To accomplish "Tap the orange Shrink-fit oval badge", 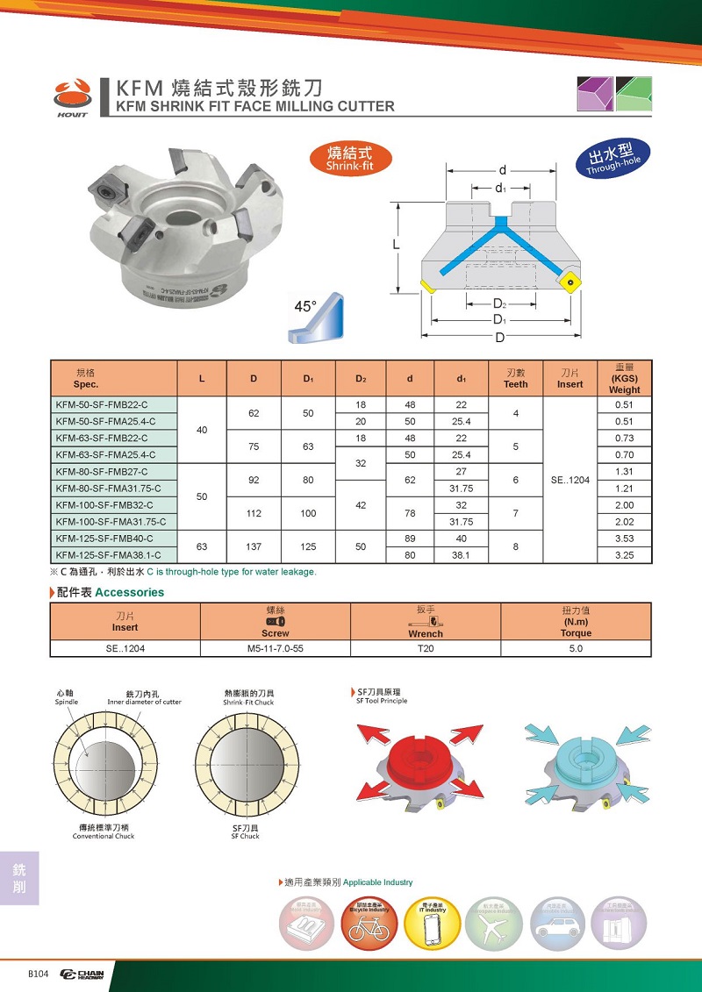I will [349, 159].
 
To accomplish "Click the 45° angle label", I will [304, 306].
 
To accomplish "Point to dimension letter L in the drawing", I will [397, 246].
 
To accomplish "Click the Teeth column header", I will [516, 378].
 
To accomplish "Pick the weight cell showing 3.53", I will [624, 538].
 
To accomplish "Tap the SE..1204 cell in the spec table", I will [569, 480].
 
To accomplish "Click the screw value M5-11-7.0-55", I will [276, 648].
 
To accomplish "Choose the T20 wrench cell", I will [425, 648].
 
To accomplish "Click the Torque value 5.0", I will [576, 648].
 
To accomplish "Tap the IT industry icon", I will [432, 924].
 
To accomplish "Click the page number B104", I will [38, 974].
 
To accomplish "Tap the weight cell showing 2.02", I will [624, 521].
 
